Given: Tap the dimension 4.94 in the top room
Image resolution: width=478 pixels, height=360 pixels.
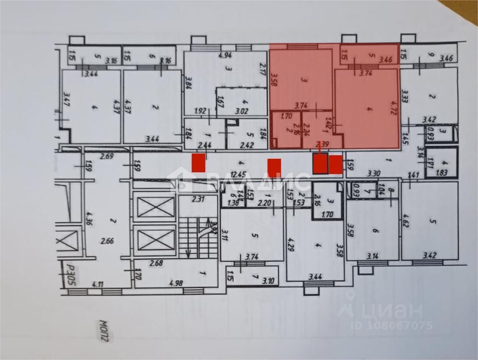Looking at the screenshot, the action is (224, 56).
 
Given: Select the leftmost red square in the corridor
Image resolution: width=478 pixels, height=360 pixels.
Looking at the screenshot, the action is (199, 163).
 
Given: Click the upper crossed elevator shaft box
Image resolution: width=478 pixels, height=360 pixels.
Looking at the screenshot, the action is (156, 207).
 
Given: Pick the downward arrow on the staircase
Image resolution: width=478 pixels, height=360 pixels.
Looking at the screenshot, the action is (188, 253).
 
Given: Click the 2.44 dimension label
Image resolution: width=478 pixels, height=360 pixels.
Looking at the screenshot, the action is (204, 145).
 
